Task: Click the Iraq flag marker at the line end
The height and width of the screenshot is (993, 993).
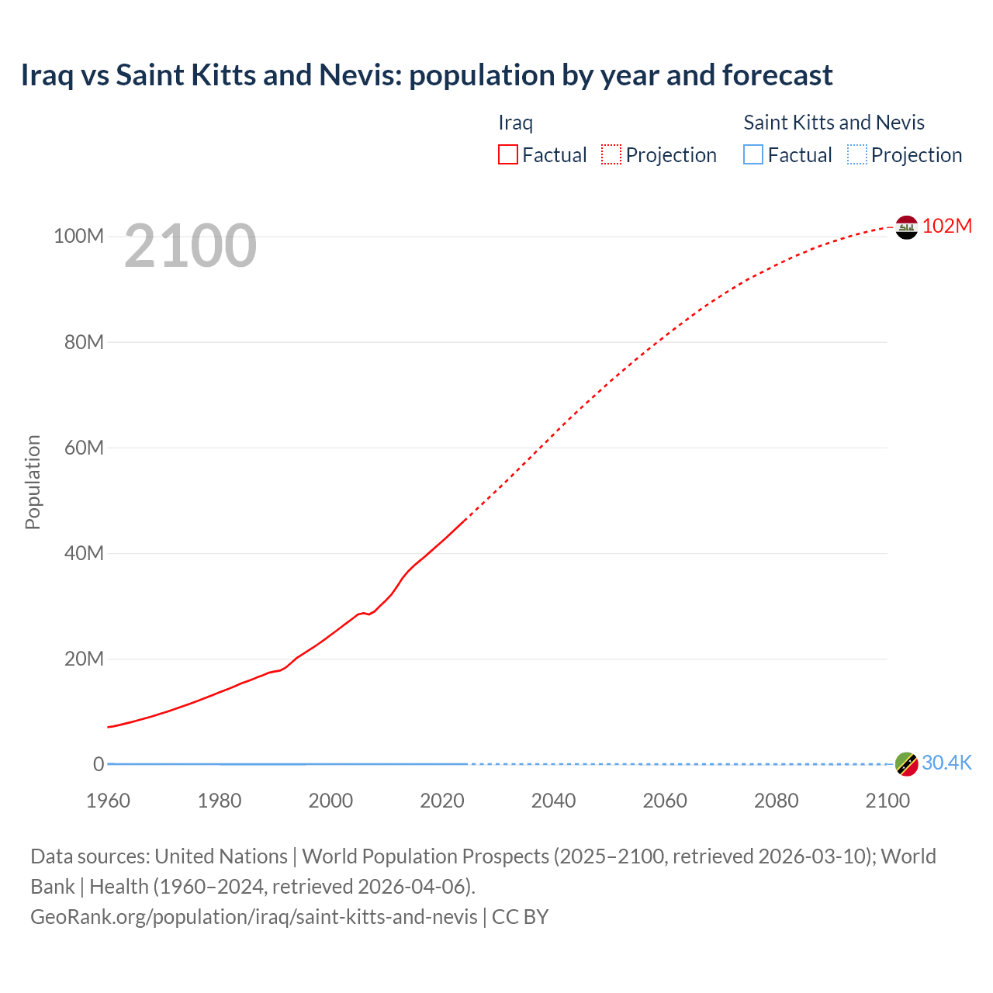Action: click(906, 227)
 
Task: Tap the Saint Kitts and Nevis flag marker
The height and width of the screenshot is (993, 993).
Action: click(906, 764)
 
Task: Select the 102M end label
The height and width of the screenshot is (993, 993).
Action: click(946, 226)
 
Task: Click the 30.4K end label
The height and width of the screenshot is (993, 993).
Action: click(946, 763)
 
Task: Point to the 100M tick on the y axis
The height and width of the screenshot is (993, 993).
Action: click(78, 236)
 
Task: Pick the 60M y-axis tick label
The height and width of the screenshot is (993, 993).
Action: click(84, 448)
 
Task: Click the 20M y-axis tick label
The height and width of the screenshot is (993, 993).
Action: click(84, 659)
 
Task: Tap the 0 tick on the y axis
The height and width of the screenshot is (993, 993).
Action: click(99, 764)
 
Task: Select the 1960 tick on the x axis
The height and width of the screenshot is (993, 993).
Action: click(109, 801)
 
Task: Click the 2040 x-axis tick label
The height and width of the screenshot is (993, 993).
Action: click(553, 801)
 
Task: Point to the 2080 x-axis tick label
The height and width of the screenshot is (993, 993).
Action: click(776, 801)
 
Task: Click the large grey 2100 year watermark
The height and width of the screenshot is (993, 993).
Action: click(190, 246)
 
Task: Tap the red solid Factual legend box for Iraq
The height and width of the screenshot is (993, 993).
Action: click(508, 155)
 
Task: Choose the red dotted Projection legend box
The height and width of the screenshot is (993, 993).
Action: click(611, 155)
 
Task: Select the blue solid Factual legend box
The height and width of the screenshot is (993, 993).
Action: click(753, 155)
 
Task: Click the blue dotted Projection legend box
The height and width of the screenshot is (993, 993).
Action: click(856, 155)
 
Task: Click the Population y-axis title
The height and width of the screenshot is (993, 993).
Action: click(33, 482)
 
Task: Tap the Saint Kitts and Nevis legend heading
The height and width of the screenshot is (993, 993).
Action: click(834, 123)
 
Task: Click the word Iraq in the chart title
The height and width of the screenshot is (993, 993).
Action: click(47, 75)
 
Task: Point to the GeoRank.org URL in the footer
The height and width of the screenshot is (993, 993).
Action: click(254, 917)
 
